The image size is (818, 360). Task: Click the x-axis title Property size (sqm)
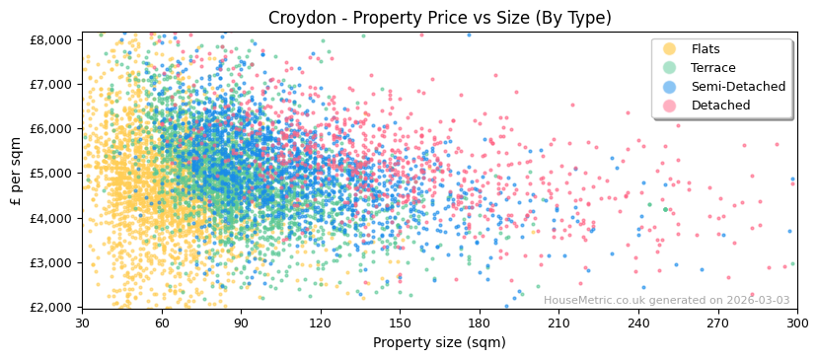point(439,343)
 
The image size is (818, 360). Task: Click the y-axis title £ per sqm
point(16,173)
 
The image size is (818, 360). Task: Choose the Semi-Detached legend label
point(738,87)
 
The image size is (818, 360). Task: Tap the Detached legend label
point(720,106)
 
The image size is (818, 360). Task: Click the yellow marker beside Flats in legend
point(670,49)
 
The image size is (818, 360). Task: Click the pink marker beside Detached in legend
point(670,106)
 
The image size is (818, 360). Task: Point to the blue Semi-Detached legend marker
point(670,87)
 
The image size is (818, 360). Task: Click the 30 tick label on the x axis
point(82,323)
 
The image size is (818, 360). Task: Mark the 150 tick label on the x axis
point(400,323)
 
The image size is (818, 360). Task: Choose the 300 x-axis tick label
point(796,323)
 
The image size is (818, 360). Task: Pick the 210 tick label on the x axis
point(558,323)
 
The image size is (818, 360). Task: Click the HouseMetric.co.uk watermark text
point(666,300)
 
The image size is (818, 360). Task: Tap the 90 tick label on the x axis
point(241,323)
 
